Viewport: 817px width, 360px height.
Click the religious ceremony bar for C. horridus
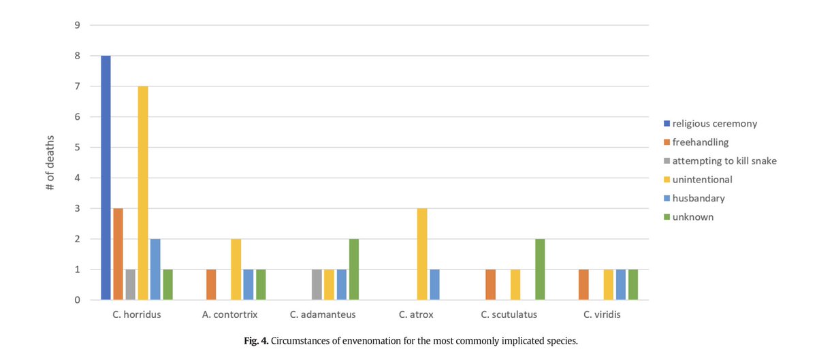[106, 178]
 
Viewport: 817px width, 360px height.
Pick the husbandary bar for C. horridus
[155, 269]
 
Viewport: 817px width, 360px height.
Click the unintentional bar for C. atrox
[422, 254]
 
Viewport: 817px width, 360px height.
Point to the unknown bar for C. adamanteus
[354, 269]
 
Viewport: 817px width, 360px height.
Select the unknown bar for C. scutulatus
[540, 269]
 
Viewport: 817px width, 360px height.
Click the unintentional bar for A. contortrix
[236, 269]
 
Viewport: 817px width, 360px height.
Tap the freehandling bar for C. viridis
[583, 284]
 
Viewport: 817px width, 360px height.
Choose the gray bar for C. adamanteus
[317, 284]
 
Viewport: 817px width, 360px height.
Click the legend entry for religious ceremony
[714, 124]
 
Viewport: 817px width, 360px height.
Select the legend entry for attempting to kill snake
[724, 161]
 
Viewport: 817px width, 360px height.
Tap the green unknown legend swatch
[667, 217]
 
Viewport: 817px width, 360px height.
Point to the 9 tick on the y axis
[78, 26]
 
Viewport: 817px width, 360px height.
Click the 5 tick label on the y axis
[78, 148]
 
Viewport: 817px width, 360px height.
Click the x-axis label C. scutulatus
[509, 315]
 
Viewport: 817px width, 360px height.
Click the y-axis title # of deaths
[51, 163]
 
